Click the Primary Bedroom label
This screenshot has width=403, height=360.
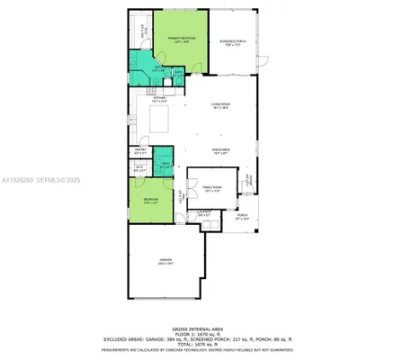coord(182,39)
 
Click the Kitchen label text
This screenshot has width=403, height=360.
coord(157,99)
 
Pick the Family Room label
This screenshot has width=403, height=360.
coord(212,190)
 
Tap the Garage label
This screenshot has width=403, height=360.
coord(164,262)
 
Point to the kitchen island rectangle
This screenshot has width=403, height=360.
coord(163,122)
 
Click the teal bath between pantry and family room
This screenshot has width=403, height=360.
coord(165,165)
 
